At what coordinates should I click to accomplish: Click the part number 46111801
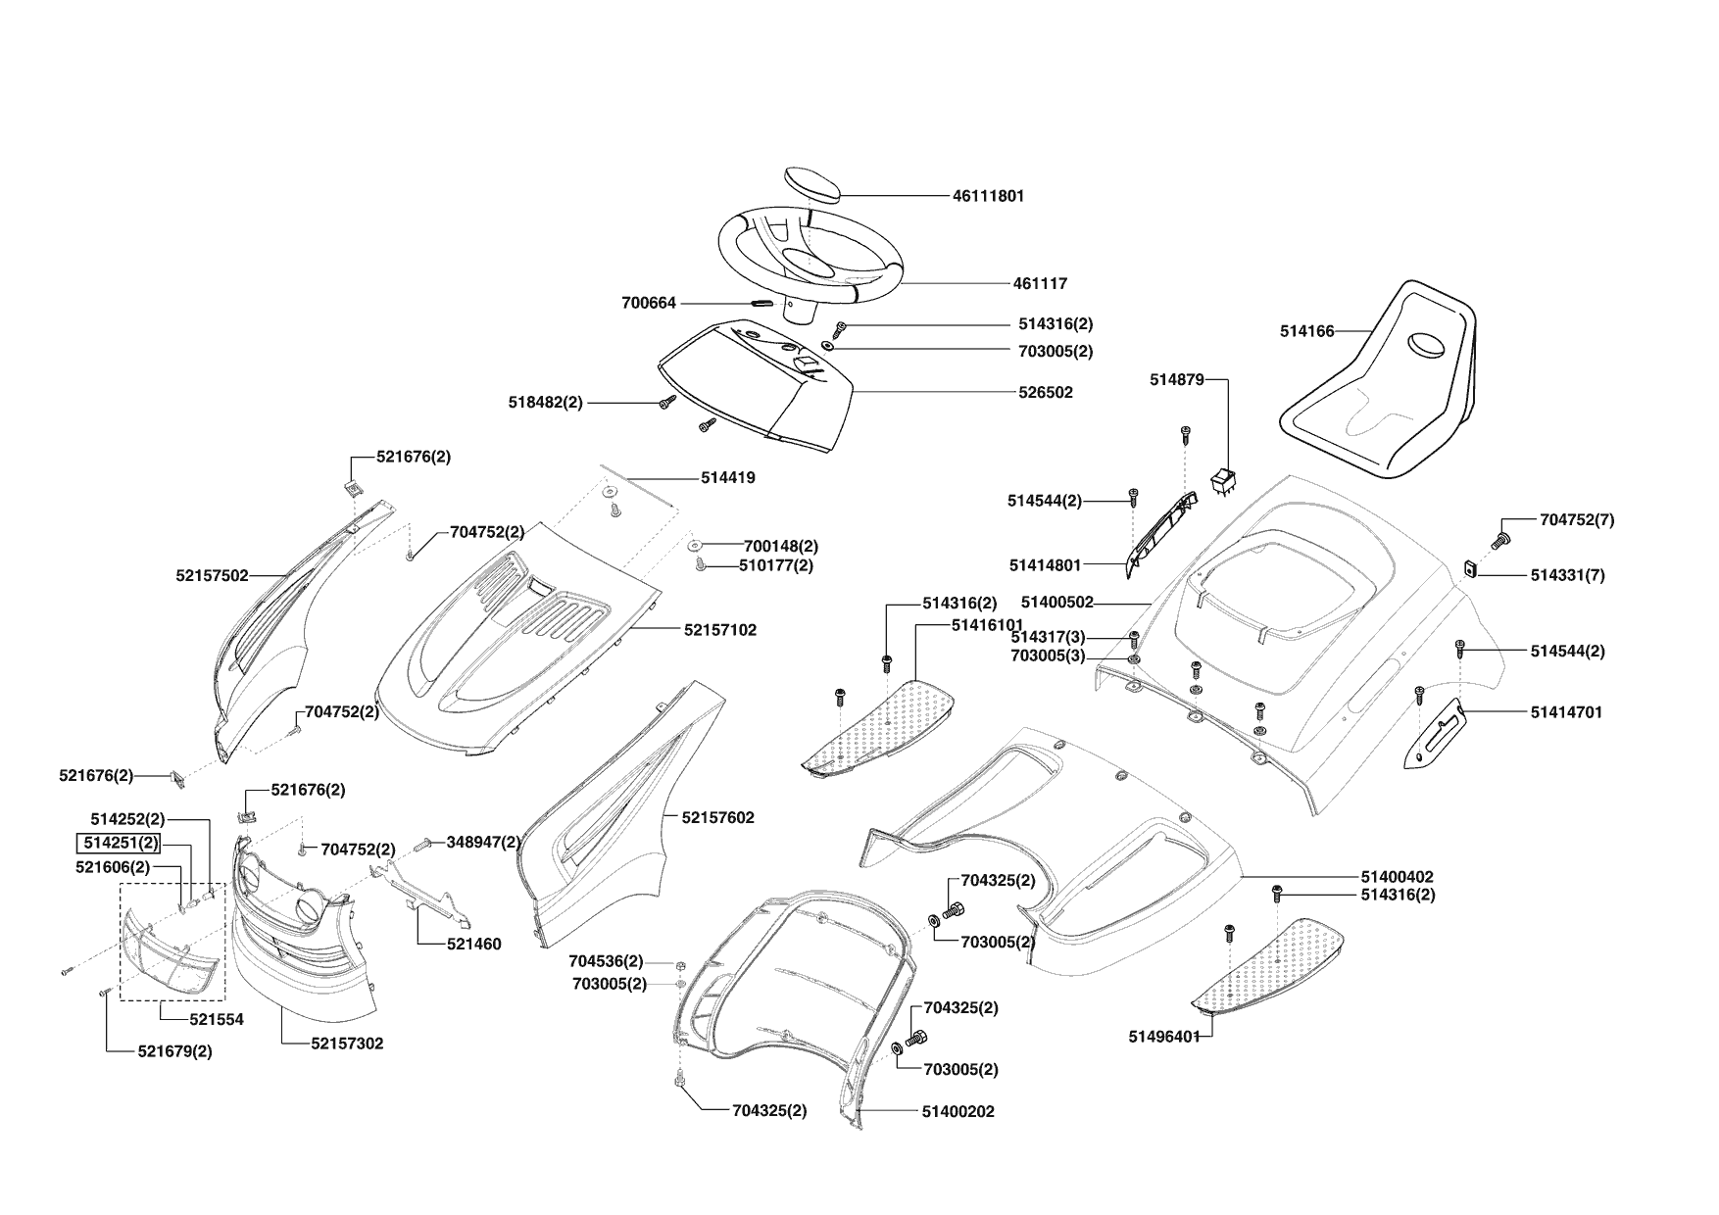[x=988, y=196]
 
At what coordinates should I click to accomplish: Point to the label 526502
[x=1045, y=393]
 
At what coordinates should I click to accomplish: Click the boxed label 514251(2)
[x=120, y=843]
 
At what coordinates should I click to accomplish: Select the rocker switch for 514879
[x=1224, y=481]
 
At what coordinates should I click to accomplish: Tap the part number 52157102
[x=719, y=630]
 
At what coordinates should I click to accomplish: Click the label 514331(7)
[x=1567, y=576]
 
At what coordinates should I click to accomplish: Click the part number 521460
[x=473, y=945]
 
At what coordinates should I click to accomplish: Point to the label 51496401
[x=1164, y=1037]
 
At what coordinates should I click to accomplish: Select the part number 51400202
[x=958, y=1112]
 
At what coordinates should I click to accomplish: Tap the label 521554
[x=217, y=1019]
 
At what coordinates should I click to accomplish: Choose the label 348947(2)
[x=483, y=842]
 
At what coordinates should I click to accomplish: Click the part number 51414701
[x=1566, y=713]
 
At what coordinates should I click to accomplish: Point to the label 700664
[x=649, y=304]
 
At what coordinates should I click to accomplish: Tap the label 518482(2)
[x=545, y=403]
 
